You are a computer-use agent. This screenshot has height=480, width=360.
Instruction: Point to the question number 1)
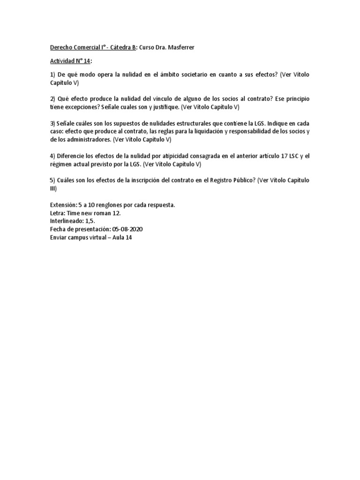pos(52,75)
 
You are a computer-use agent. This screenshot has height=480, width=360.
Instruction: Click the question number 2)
pos(52,99)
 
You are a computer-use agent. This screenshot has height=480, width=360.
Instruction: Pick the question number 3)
pos(52,124)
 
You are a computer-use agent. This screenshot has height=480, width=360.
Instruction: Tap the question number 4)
pos(52,156)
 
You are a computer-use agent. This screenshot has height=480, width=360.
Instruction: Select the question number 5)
pos(52,180)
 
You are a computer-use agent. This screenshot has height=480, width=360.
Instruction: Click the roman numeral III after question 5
pos(52,188)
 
